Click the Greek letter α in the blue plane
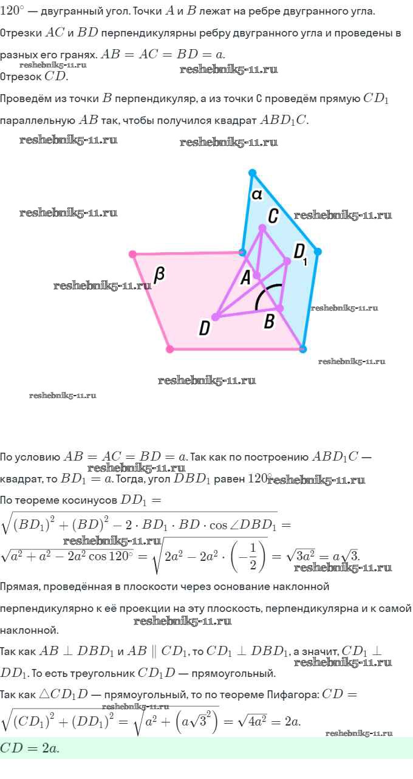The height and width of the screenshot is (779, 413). coord(256,194)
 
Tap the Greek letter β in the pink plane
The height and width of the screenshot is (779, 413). coord(159,275)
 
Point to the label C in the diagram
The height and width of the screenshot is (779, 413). coord(273,215)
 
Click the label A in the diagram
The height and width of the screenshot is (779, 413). coord(245,278)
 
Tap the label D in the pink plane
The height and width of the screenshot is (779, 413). coord(205,329)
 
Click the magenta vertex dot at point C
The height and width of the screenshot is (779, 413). coord(262,228)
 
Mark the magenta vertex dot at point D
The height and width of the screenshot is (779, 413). coord(216,316)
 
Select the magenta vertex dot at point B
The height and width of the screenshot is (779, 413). coord(280,308)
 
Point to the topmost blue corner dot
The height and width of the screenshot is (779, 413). coord(253,173)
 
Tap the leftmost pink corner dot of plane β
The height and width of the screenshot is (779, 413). coord(132,254)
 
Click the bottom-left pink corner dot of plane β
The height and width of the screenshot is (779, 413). coord(170,349)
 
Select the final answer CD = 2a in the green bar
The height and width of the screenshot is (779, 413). coord(30,748)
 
